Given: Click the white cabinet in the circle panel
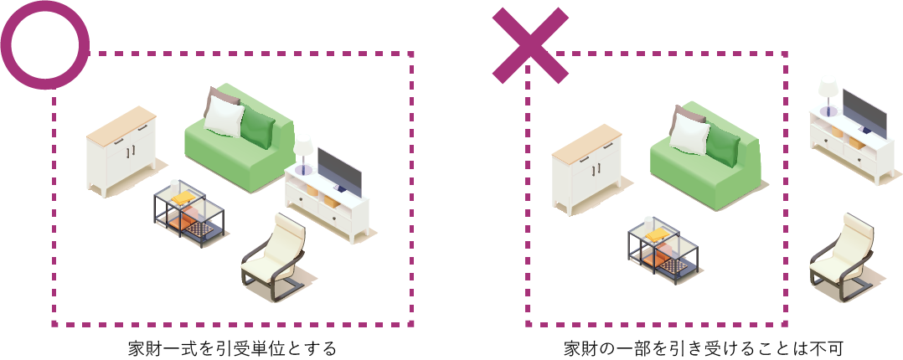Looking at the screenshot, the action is click(x=121, y=151).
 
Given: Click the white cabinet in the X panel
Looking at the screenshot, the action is click(x=587, y=169).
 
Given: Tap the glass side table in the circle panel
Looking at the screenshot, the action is click(x=188, y=213).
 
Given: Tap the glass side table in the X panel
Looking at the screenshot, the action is click(x=663, y=251).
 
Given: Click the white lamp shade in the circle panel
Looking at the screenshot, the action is click(x=303, y=145).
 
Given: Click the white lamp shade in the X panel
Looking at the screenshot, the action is click(x=828, y=89).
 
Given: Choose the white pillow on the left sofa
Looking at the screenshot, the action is click(x=224, y=117).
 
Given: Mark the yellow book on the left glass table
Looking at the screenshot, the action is click(x=183, y=198).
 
